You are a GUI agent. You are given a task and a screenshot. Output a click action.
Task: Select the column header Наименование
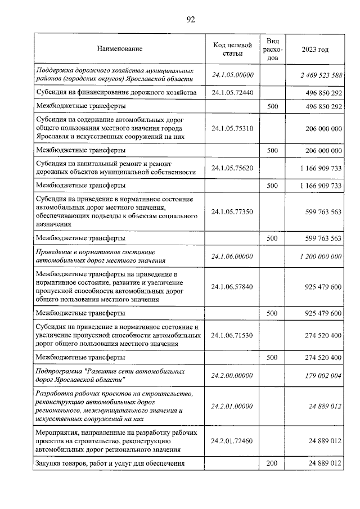119,49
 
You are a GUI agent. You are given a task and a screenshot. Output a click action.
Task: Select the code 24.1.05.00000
233,75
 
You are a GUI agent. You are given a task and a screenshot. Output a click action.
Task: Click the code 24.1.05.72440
233,92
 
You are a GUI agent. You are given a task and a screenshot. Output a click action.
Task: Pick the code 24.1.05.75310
233,128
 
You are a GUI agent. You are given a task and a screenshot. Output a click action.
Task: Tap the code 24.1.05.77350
233,211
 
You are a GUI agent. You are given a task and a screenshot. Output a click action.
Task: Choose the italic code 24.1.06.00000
233,256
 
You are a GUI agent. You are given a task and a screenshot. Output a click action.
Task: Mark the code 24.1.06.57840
233,287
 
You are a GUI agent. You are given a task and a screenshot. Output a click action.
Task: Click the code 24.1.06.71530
233,335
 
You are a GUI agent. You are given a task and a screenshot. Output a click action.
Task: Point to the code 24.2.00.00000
233,376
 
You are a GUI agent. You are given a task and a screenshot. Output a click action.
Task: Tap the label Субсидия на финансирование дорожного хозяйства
115,92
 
